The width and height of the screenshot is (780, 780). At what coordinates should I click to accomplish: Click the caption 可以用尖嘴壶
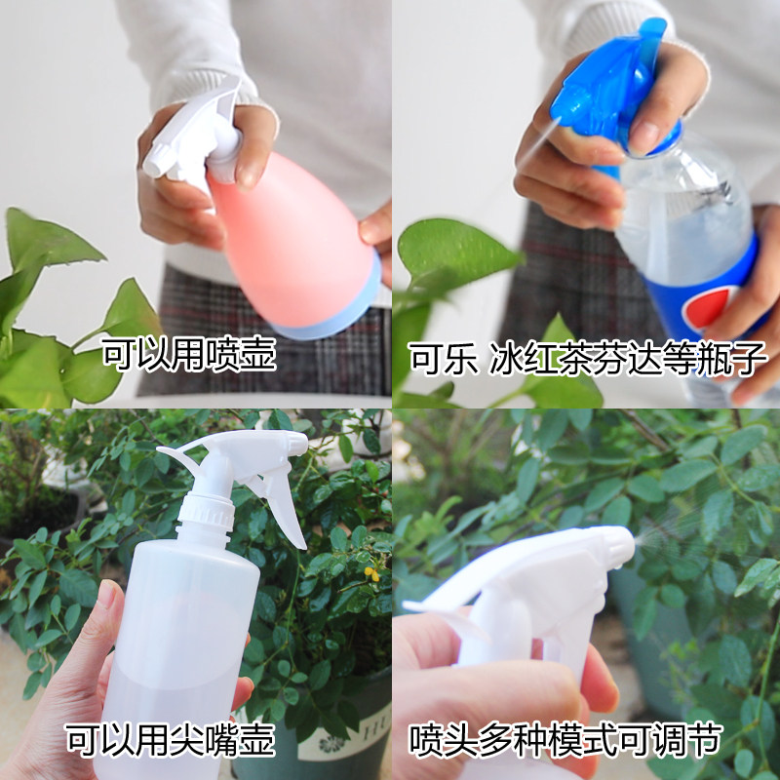pos(170,739)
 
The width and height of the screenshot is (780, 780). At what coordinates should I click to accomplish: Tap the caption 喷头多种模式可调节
pos(565,739)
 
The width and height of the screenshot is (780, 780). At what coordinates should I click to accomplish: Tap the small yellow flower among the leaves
pos(371,573)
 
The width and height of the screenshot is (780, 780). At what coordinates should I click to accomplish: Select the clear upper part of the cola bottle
pos(682,205)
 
